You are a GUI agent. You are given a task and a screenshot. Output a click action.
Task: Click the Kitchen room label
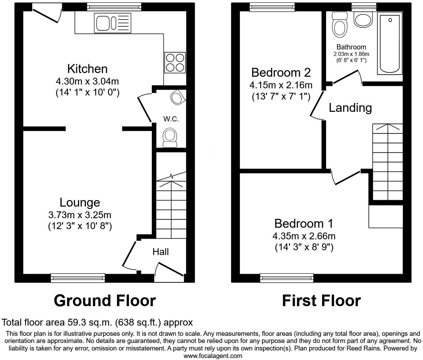[x=87, y=69]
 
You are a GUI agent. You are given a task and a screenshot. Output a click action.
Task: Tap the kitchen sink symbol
[x=113, y=23]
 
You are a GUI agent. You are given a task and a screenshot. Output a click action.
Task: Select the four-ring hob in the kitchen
[x=175, y=62]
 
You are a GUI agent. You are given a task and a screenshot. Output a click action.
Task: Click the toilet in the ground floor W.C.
[x=170, y=137]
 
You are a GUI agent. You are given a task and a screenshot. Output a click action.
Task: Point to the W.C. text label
[x=171, y=119]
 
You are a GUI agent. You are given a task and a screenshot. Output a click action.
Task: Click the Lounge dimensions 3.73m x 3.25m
[x=80, y=215]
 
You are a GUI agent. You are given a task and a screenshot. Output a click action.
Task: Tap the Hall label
[x=161, y=252]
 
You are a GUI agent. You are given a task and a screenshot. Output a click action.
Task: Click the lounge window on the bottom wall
[x=78, y=278]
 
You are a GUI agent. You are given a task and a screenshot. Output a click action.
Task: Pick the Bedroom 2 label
[x=281, y=73]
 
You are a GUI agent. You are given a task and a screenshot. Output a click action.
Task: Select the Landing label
[x=350, y=108]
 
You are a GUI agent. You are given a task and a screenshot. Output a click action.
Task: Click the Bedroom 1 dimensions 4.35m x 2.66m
[x=304, y=236]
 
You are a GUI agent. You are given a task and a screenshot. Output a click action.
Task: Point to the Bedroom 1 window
[x=287, y=278]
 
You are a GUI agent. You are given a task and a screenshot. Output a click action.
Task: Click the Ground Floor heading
[x=105, y=301]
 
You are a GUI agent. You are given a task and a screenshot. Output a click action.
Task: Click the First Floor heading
[x=321, y=301]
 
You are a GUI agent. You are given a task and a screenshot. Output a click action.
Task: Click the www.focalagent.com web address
[x=213, y=356]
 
